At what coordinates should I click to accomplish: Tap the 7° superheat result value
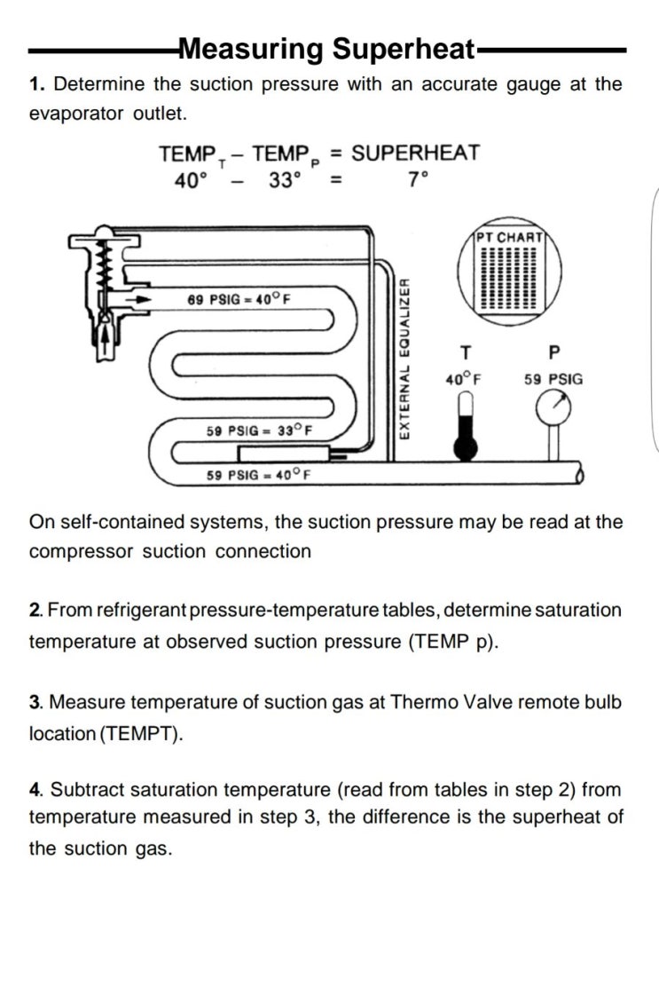pos(418,179)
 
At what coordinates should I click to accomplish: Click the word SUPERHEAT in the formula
pos(415,153)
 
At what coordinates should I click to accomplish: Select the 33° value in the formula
pos(286,179)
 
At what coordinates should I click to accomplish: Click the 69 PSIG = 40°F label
pos(239,299)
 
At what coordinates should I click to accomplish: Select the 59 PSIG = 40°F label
pos(259,475)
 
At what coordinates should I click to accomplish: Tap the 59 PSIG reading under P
pos(553,379)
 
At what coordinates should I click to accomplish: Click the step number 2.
pos(35,611)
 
